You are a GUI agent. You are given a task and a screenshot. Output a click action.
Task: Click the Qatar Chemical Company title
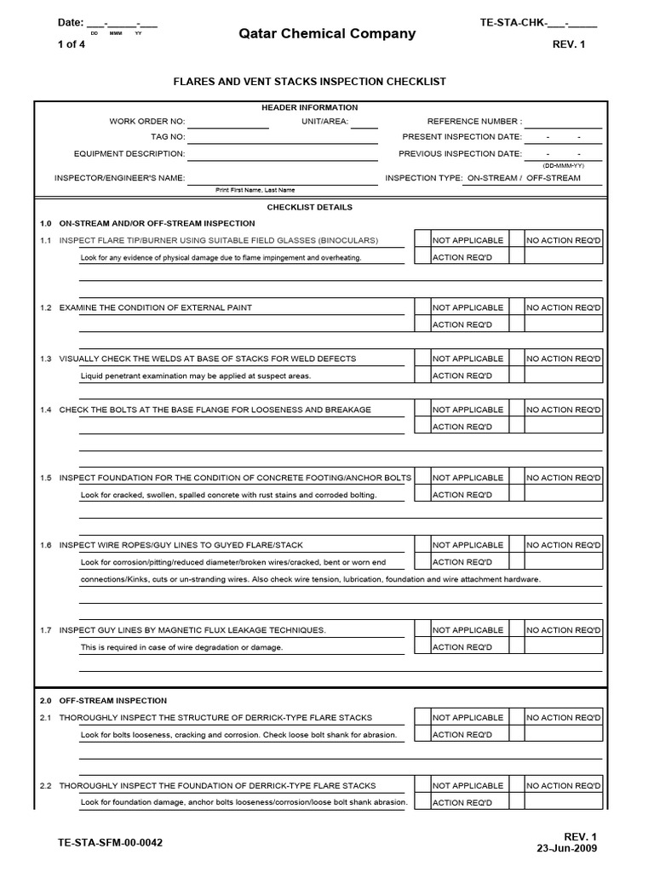327,34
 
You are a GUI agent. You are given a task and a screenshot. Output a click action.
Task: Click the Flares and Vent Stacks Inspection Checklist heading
310,82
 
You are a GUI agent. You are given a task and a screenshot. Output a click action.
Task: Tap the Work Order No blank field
227,122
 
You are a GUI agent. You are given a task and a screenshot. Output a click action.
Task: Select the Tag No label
168,137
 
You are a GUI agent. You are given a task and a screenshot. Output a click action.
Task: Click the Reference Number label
474,122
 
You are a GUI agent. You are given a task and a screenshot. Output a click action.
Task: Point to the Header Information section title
309,107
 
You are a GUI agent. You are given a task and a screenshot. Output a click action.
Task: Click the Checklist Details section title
309,207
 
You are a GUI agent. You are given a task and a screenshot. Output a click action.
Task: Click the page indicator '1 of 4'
65,44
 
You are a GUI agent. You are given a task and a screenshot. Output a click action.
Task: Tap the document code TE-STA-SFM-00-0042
110,843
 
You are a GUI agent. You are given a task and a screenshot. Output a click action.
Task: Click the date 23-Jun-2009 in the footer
567,848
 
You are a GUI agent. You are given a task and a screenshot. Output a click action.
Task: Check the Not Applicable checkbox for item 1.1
422,240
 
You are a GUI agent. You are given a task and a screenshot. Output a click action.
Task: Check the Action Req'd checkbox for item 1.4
422,427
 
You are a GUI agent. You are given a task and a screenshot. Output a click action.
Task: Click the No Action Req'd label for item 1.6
563,545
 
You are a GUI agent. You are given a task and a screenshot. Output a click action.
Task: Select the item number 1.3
46,359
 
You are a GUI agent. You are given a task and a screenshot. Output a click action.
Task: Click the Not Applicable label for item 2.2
468,786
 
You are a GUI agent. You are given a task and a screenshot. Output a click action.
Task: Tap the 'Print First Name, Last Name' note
255,190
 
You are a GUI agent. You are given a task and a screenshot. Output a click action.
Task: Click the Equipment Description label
129,154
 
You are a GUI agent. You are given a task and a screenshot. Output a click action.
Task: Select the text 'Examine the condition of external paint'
155,307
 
